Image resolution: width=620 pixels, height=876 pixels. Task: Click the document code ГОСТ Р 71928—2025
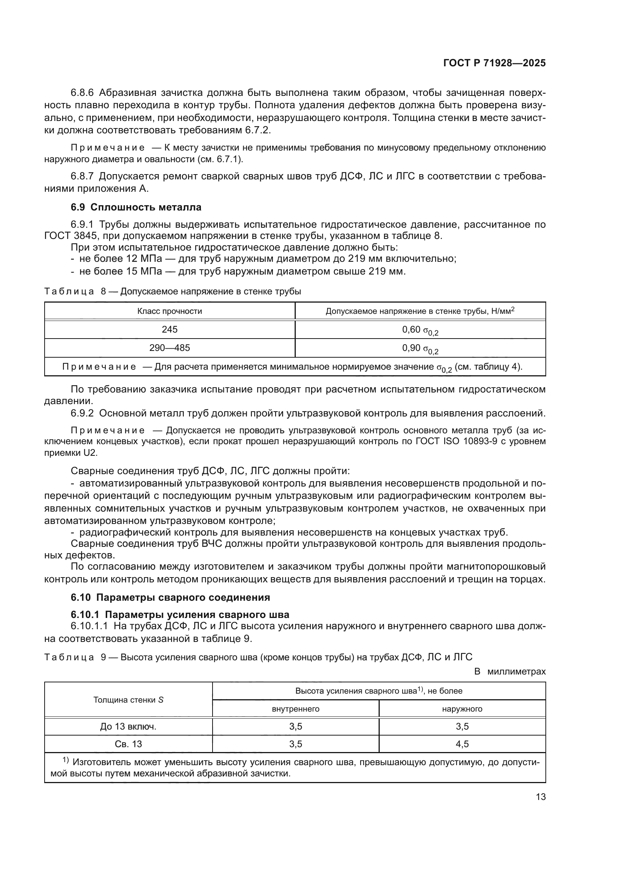click(494, 63)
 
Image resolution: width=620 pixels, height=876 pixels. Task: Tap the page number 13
click(541, 797)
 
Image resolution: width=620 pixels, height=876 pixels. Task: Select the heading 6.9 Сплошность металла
click(136, 207)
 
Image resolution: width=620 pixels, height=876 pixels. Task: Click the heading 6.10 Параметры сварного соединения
click(170, 597)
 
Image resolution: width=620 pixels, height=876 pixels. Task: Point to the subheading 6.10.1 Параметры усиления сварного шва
click(180, 615)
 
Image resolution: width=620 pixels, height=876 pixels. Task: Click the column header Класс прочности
click(169, 311)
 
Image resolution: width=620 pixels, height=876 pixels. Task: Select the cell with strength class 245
click(169, 329)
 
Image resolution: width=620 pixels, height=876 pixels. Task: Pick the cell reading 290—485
click(169, 348)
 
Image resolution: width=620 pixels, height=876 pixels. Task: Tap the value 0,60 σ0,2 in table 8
click(420, 330)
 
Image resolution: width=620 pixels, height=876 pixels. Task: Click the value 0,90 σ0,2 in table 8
click(420, 348)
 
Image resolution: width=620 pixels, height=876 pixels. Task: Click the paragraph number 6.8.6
click(82, 93)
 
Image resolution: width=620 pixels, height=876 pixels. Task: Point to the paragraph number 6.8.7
click(82, 176)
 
